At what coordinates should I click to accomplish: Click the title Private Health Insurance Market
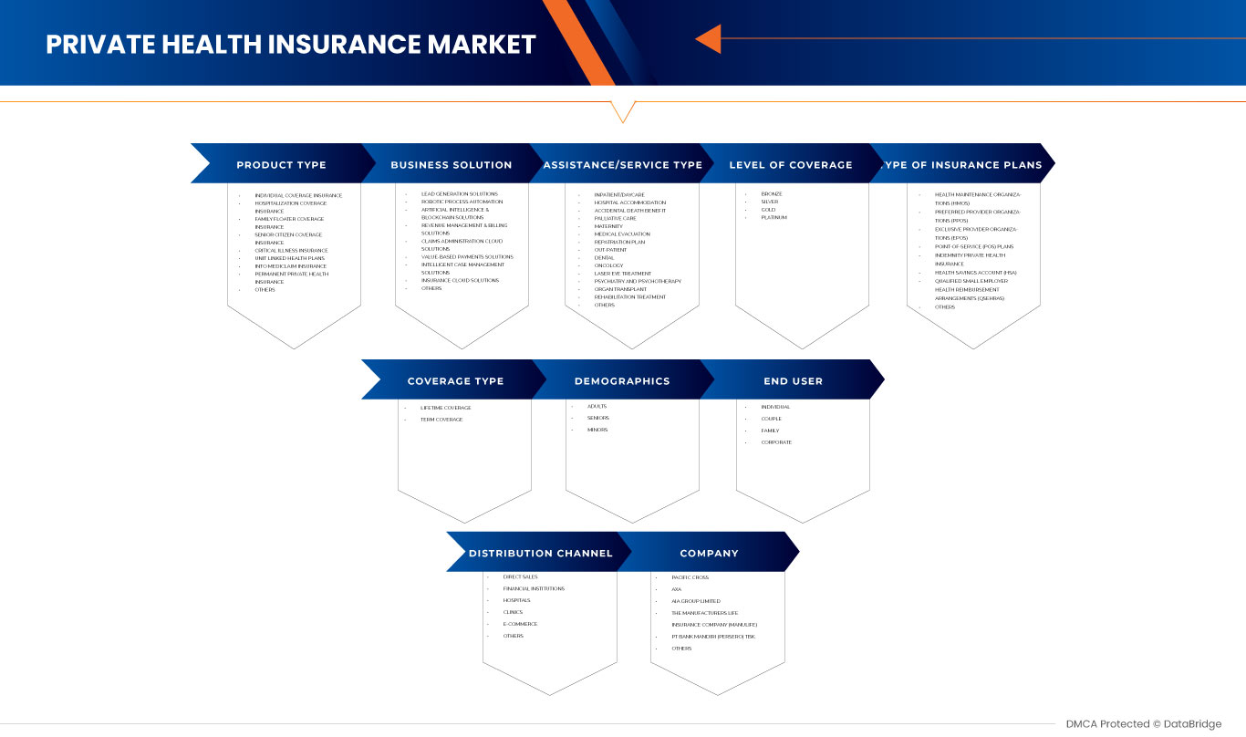(x=291, y=44)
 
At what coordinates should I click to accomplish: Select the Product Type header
(x=281, y=165)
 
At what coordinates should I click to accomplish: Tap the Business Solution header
(x=451, y=165)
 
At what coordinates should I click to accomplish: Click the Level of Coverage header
(x=791, y=165)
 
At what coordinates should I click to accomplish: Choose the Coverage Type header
(x=455, y=381)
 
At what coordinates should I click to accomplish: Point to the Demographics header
(x=622, y=381)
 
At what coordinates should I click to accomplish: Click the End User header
(x=793, y=381)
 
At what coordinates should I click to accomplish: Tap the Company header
(x=709, y=553)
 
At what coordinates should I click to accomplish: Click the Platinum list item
(x=774, y=218)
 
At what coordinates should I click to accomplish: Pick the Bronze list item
(x=772, y=194)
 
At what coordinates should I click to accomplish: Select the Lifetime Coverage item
(x=446, y=408)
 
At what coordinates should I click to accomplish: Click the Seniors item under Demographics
(x=598, y=418)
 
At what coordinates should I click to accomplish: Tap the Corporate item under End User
(x=776, y=442)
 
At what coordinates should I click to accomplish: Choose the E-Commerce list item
(x=519, y=624)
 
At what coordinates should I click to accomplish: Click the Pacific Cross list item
(x=690, y=577)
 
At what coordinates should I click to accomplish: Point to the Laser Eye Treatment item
(x=623, y=274)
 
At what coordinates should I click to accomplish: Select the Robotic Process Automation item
(x=462, y=202)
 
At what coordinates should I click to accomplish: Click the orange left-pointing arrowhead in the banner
(x=709, y=39)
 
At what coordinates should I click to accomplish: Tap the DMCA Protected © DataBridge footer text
(x=1143, y=724)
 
